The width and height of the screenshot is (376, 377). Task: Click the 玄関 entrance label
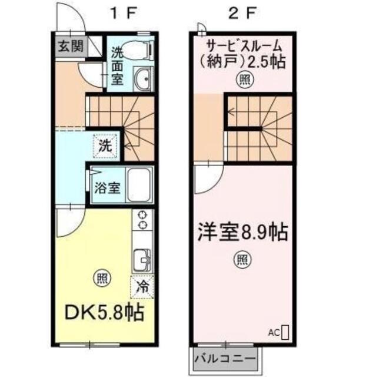pyautogui.click(x=71, y=46)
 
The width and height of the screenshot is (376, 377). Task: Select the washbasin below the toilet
pyautogui.click(x=142, y=78)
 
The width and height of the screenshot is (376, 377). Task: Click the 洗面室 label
pyautogui.click(x=117, y=65)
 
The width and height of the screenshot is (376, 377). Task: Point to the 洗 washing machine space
pyautogui.click(x=105, y=145)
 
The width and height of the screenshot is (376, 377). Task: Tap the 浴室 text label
pyautogui.click(x=107, y=187)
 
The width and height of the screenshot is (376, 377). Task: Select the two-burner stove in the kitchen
pyautogui.click(x=142, y=220)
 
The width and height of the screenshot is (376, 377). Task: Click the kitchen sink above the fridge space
pyautogui.click(x=142, y=260)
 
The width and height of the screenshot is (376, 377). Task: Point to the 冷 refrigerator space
pyautogui.click(x=142, y=287)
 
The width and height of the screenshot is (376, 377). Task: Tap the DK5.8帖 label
pyautogui.click(x=105, y=313)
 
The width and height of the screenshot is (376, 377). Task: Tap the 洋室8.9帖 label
pyautogui.click(x=242, y=232)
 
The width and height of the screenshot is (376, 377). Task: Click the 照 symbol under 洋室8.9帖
pyautogui.click(x=242, y=260)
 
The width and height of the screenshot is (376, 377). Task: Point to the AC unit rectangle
pyautogui.click(x=285, y=332)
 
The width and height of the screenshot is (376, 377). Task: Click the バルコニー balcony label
pyautogui.click(x=225, y=359)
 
